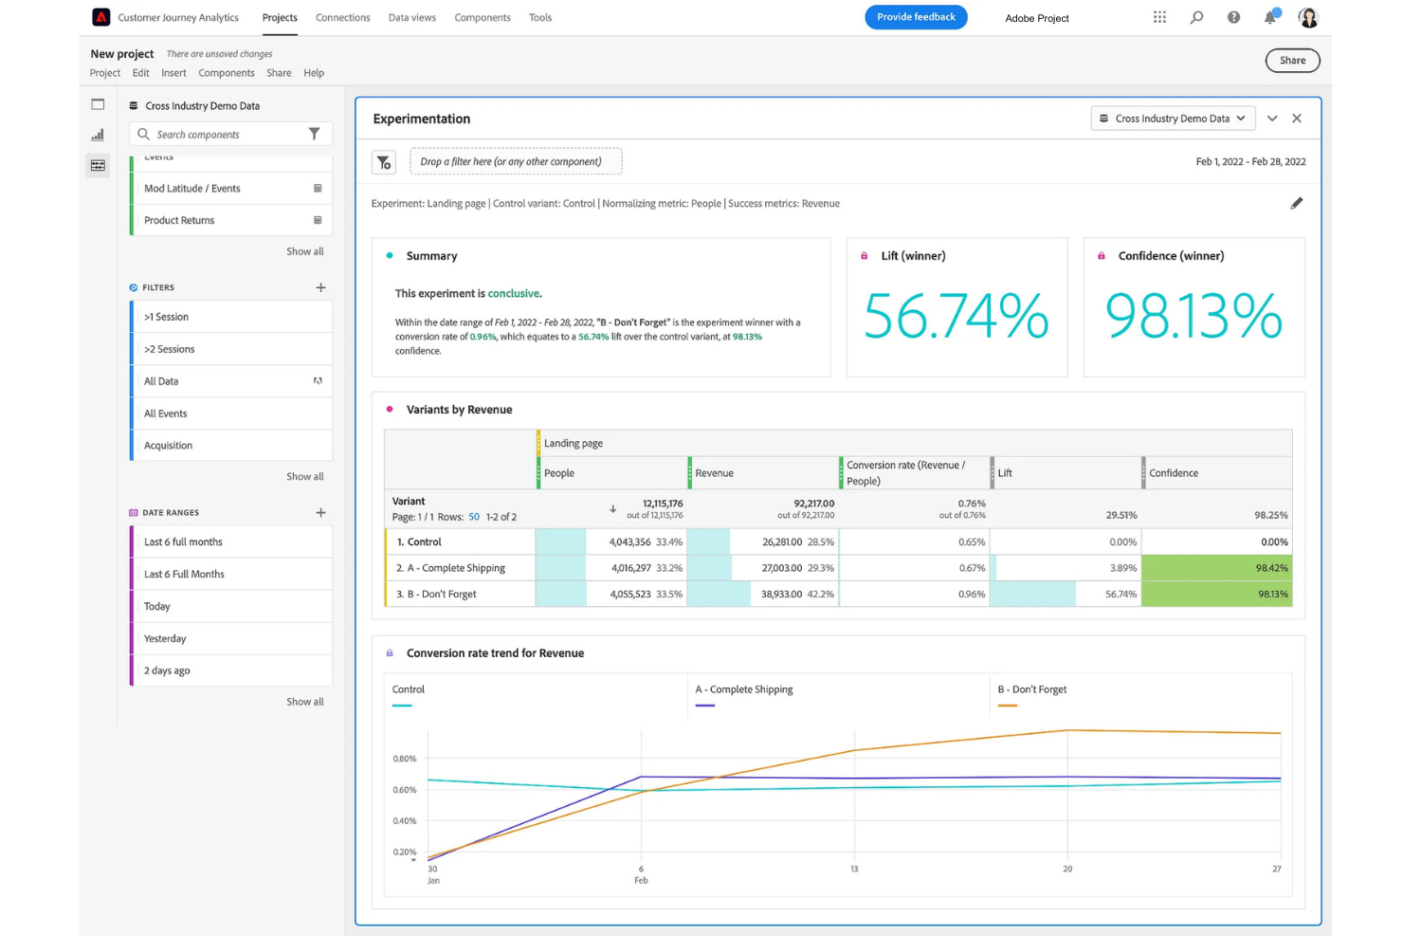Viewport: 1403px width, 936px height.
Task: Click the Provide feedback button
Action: click(915, 17)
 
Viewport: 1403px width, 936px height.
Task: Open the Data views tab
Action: click(411, 18)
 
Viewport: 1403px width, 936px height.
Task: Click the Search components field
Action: click(223, 135)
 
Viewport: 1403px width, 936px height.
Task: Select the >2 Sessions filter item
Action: click(170, 349)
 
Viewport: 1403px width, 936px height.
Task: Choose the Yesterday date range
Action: click(166, 638)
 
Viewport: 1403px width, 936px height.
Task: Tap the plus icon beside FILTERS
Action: click(320, 287)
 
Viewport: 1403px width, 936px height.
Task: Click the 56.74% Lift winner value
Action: click(956, 316)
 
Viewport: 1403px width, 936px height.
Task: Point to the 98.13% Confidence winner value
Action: click(1193, 316)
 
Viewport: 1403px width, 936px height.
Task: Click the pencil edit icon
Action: click(1296, 203)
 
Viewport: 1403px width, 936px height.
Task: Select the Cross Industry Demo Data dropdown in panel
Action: click(1173, 119)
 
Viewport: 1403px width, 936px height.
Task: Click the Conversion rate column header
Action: click(905, 472)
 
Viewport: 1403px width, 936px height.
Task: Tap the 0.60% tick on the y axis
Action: click(405, 790)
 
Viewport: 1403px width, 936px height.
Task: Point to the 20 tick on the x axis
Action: click(1067, 869)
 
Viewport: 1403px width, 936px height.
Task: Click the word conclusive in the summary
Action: click(513, 294)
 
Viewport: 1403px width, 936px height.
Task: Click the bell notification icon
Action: click(1269, 17)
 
